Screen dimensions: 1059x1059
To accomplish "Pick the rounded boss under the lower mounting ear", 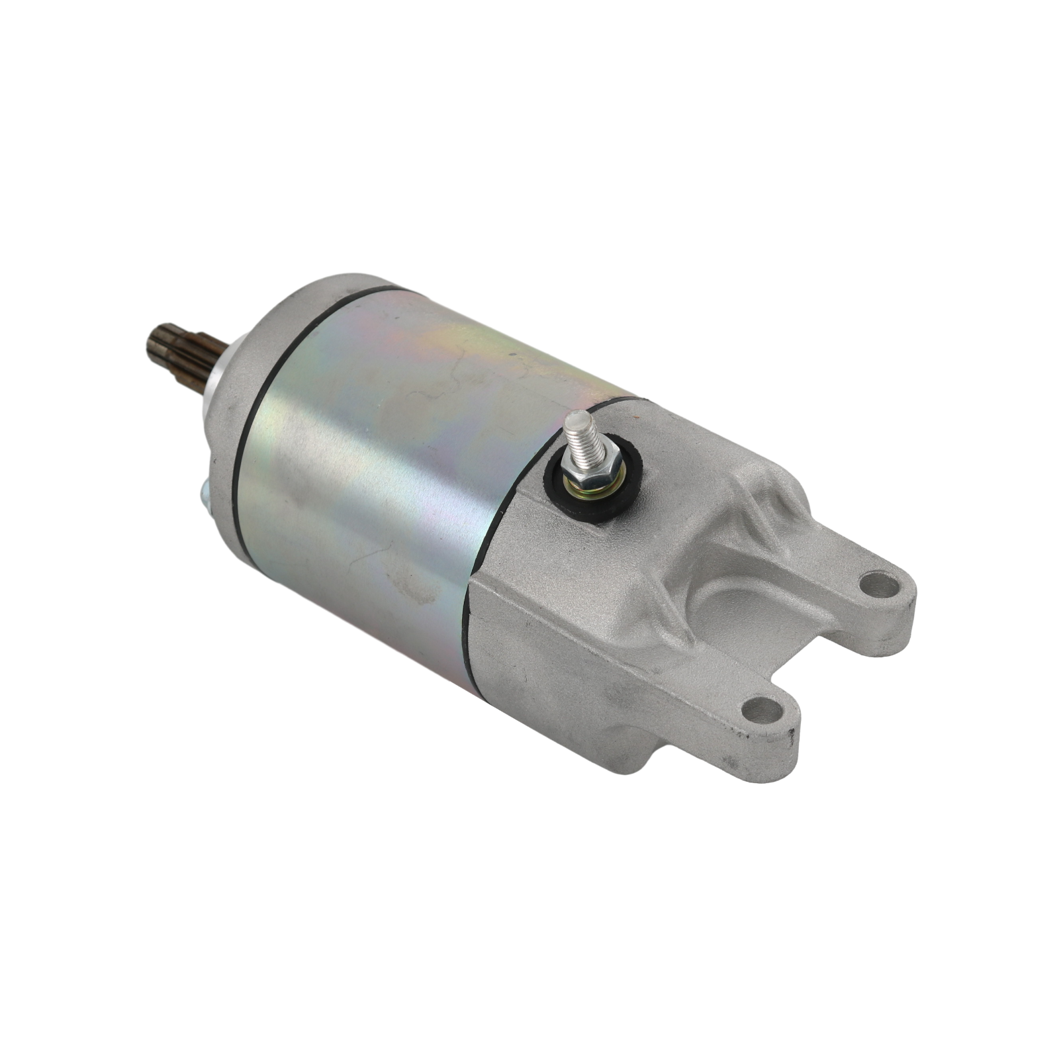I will [635, 755].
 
